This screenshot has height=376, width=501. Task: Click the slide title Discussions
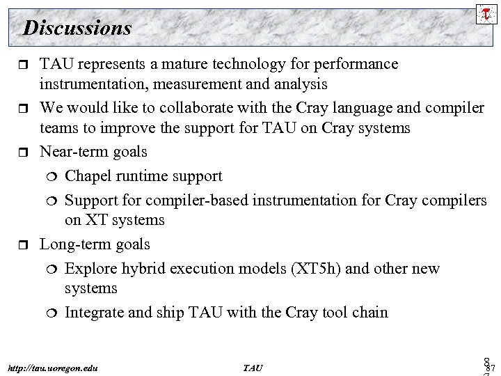[77, 28]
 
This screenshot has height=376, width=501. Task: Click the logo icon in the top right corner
[484, 12]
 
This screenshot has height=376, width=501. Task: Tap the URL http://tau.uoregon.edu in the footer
[53, 367]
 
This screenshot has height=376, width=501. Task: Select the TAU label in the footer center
[254, 367]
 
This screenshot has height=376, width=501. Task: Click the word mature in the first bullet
[188, 64]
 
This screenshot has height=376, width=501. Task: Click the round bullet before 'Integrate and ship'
[53, 313]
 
